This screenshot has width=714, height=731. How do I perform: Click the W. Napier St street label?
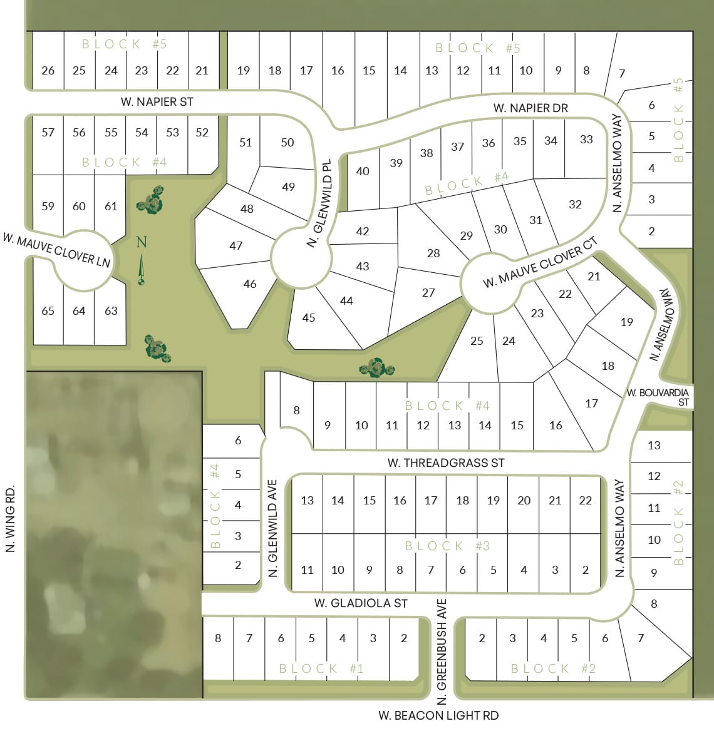(157, 101)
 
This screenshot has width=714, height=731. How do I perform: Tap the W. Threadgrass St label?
(445, 463)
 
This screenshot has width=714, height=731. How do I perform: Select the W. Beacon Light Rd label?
(438, 715)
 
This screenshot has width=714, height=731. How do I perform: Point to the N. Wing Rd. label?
(10, 519)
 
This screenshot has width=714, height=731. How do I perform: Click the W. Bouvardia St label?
(659, 397)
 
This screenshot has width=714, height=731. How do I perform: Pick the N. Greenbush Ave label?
(442, 651)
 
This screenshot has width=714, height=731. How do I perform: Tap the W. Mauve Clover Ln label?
(56, 249)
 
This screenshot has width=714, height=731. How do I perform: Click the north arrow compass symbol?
(142, 263)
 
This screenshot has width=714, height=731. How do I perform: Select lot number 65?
(48, 311)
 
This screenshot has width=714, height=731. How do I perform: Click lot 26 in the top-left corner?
(48, 70)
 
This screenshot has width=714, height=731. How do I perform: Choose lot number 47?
(235, 246)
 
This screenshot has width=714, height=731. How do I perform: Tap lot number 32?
(575, 204)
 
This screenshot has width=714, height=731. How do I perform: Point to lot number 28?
(433, 253)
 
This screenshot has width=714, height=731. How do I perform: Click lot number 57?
(48, 133)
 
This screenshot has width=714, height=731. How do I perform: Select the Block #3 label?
(447, 546)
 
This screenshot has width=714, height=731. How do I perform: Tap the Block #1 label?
(321, 668)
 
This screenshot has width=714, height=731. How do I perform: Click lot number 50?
(287, 143)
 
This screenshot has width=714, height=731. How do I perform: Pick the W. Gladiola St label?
(361, 603)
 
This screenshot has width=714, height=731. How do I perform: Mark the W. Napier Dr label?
(530, 108)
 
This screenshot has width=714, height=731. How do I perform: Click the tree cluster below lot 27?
(377, 368)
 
